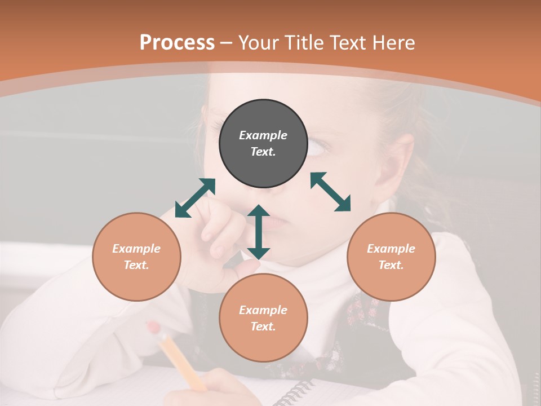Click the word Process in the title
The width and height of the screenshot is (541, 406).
[177, 43]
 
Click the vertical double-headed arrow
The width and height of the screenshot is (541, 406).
[258, 232]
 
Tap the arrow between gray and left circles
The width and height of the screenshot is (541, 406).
[195, 198]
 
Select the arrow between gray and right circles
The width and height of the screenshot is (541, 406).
[331, 192]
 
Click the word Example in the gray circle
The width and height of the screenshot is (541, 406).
[263, 135]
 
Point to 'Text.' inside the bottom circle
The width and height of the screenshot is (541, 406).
[263, 326]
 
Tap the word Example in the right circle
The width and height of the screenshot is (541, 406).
[391, 249]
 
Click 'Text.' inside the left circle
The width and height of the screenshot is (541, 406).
[136, 265]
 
